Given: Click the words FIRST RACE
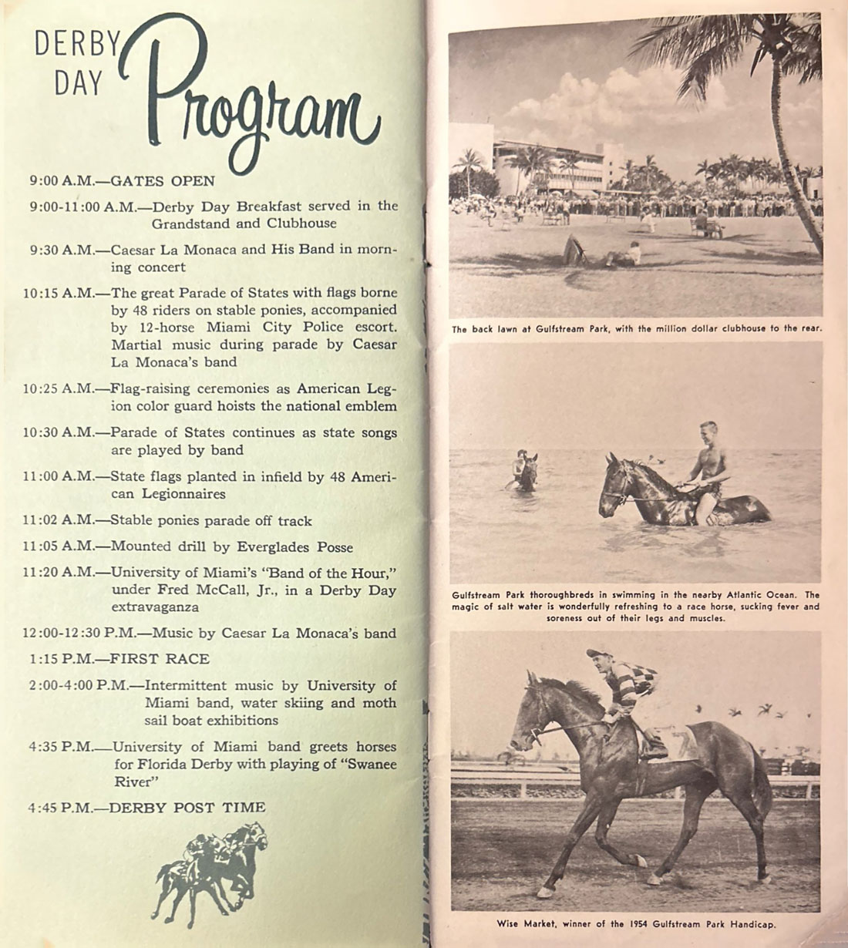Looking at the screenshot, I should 160,659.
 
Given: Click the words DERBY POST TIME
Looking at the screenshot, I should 187,808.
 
